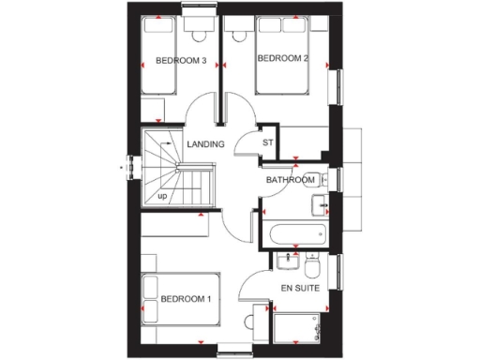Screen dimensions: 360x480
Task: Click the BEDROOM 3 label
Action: tap(181, 62)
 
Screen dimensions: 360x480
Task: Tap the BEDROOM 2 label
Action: tap(282, 58)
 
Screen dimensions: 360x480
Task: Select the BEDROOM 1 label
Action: tap(186, 299)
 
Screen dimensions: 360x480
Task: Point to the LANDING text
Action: tap(205, 144)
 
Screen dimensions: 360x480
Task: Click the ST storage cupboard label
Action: tap(267, 143)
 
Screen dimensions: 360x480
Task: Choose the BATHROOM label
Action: tap(289, 179)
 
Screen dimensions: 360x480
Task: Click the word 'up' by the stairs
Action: tap(163, 196)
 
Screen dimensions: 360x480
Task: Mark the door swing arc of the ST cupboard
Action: tap(246, 141)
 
